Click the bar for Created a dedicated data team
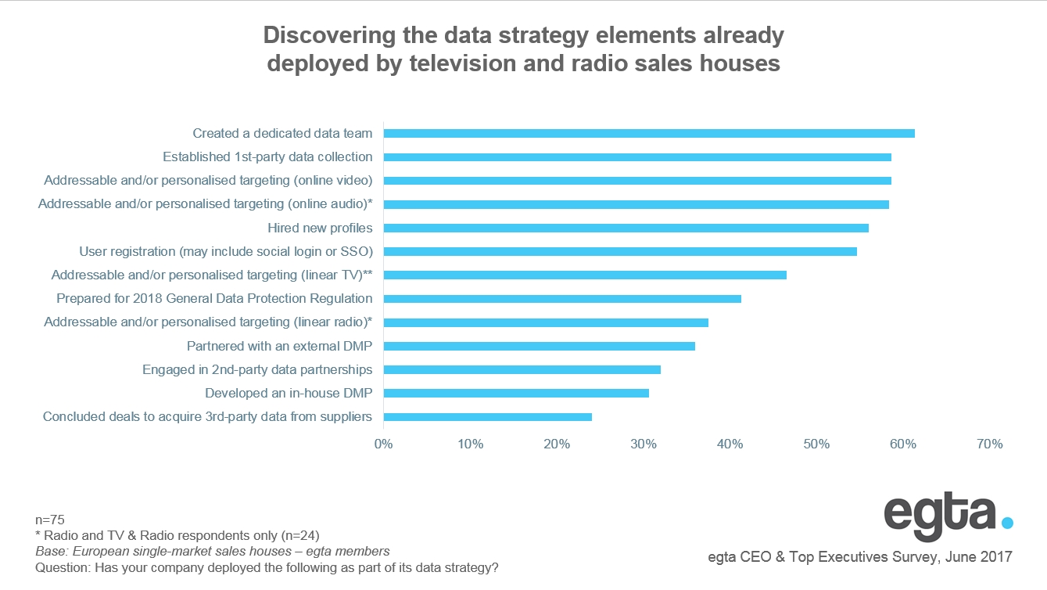648,133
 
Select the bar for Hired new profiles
626,228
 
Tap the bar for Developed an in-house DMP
515,393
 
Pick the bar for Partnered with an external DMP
539,346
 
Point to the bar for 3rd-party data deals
487,416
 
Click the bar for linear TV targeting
584,275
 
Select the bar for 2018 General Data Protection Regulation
561,298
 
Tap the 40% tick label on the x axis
730,444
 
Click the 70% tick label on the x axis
989,444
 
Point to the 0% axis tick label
383,444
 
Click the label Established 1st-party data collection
267,156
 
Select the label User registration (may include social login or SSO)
226,251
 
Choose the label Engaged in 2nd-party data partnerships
257,369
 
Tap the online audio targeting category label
205,204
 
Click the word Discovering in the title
321,35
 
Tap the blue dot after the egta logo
1007,522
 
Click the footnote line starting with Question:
267,567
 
